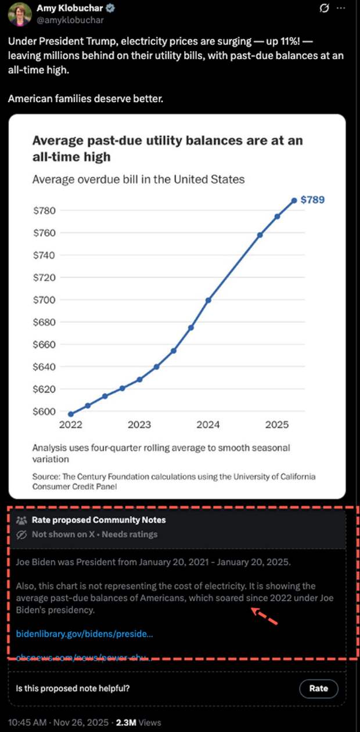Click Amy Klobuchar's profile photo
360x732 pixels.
tap(19, 14)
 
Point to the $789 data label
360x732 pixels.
tap(312, 200)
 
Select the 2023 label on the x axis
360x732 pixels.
tap(139, 425)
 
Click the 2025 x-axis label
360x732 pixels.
tap(277, 425)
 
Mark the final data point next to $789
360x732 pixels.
tap(294, 200)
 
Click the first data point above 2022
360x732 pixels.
tap(71, 414)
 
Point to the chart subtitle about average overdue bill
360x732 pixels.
tap(138, 179)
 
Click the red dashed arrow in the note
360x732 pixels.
tap(265, 616)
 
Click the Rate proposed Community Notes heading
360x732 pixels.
tap(98, 520)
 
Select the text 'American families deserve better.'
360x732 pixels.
tap(85, 99)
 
